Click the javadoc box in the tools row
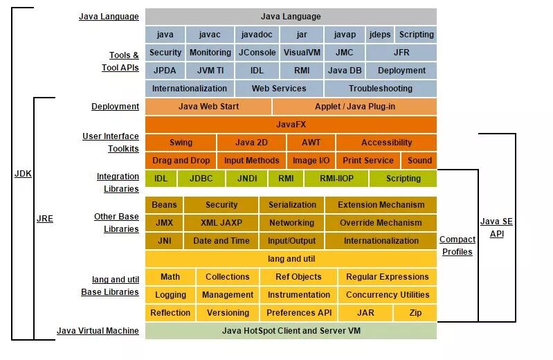[257, 34]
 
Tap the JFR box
[401, 52]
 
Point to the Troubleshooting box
[380, 88]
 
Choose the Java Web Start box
[208, 107]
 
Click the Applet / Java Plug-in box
[354, 107]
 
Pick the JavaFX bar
[291, 125]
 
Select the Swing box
[181, 143]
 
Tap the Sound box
[419, 161]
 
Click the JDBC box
[201, 179]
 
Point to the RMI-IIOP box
[338, 179]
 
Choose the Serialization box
[292, 205]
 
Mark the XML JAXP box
[221, 223]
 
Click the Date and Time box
[221, 241]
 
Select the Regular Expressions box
[387, 277]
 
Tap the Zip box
[415, 313]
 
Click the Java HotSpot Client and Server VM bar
[291, 331]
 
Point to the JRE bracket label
[44, 219]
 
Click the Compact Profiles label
[457, 246]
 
